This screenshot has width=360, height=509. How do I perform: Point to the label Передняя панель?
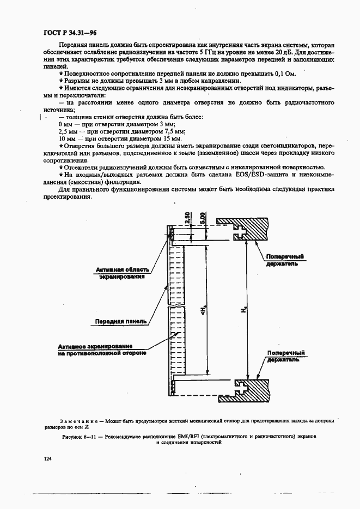pyautogui.click(x=121, y=321)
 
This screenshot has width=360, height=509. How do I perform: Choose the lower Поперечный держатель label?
pyautogui.click(x=285, y=357)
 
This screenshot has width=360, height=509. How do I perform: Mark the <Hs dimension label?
pyautogui.click(x=202, y=310)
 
